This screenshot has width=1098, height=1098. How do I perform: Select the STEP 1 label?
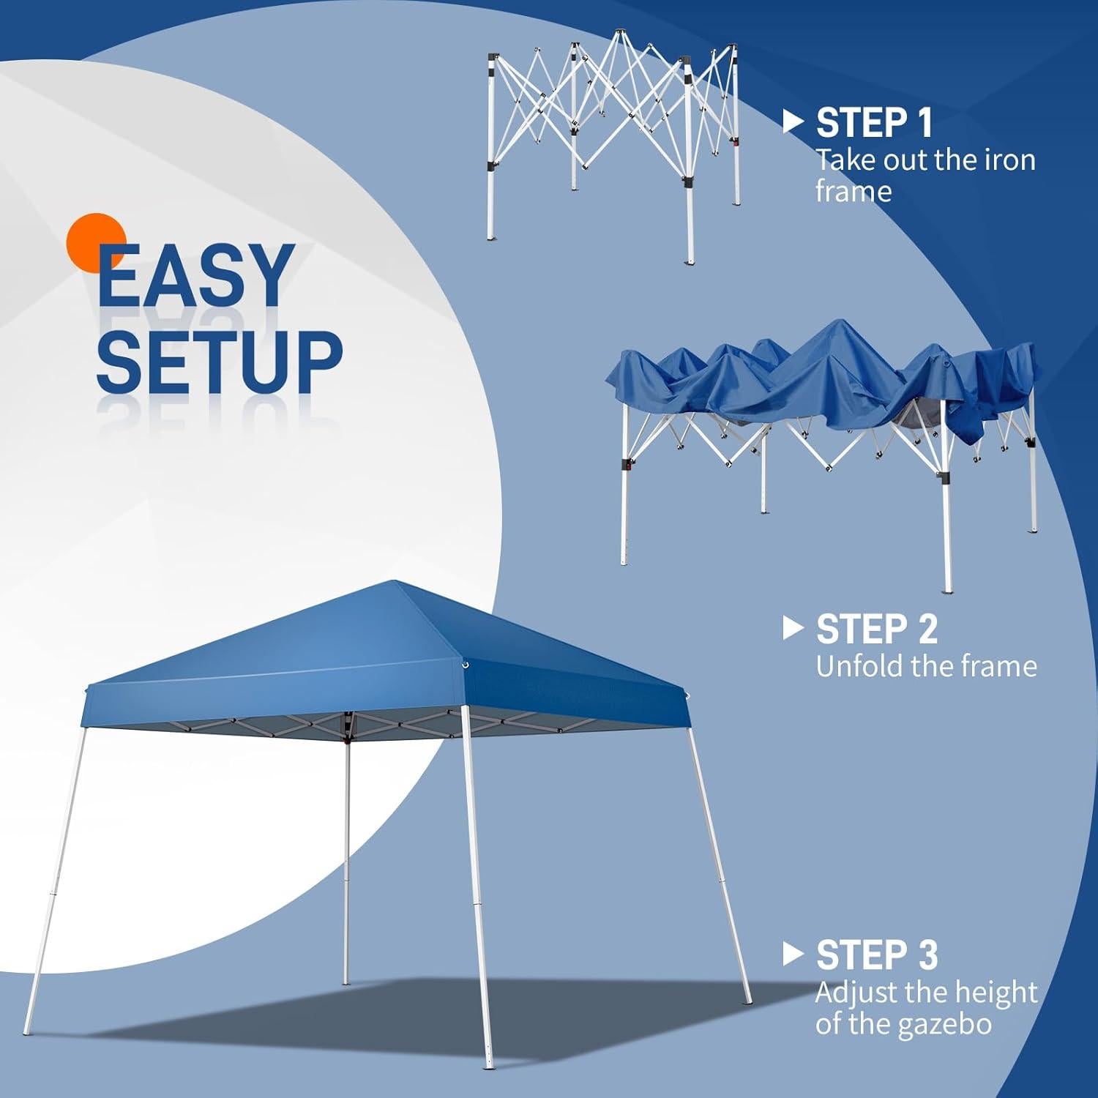[x=874, y=122]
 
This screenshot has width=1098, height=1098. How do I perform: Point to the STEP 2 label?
[x=876, y=629]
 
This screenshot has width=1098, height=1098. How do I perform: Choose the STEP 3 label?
[x=876, y=955]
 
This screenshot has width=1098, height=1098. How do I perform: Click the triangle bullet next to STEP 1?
[x=793, y=122]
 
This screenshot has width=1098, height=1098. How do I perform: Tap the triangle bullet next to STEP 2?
[x=793, y=628]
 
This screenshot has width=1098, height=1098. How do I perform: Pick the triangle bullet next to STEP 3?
[x=793, y=954]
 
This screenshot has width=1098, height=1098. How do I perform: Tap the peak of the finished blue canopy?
[x=395, y=583]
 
